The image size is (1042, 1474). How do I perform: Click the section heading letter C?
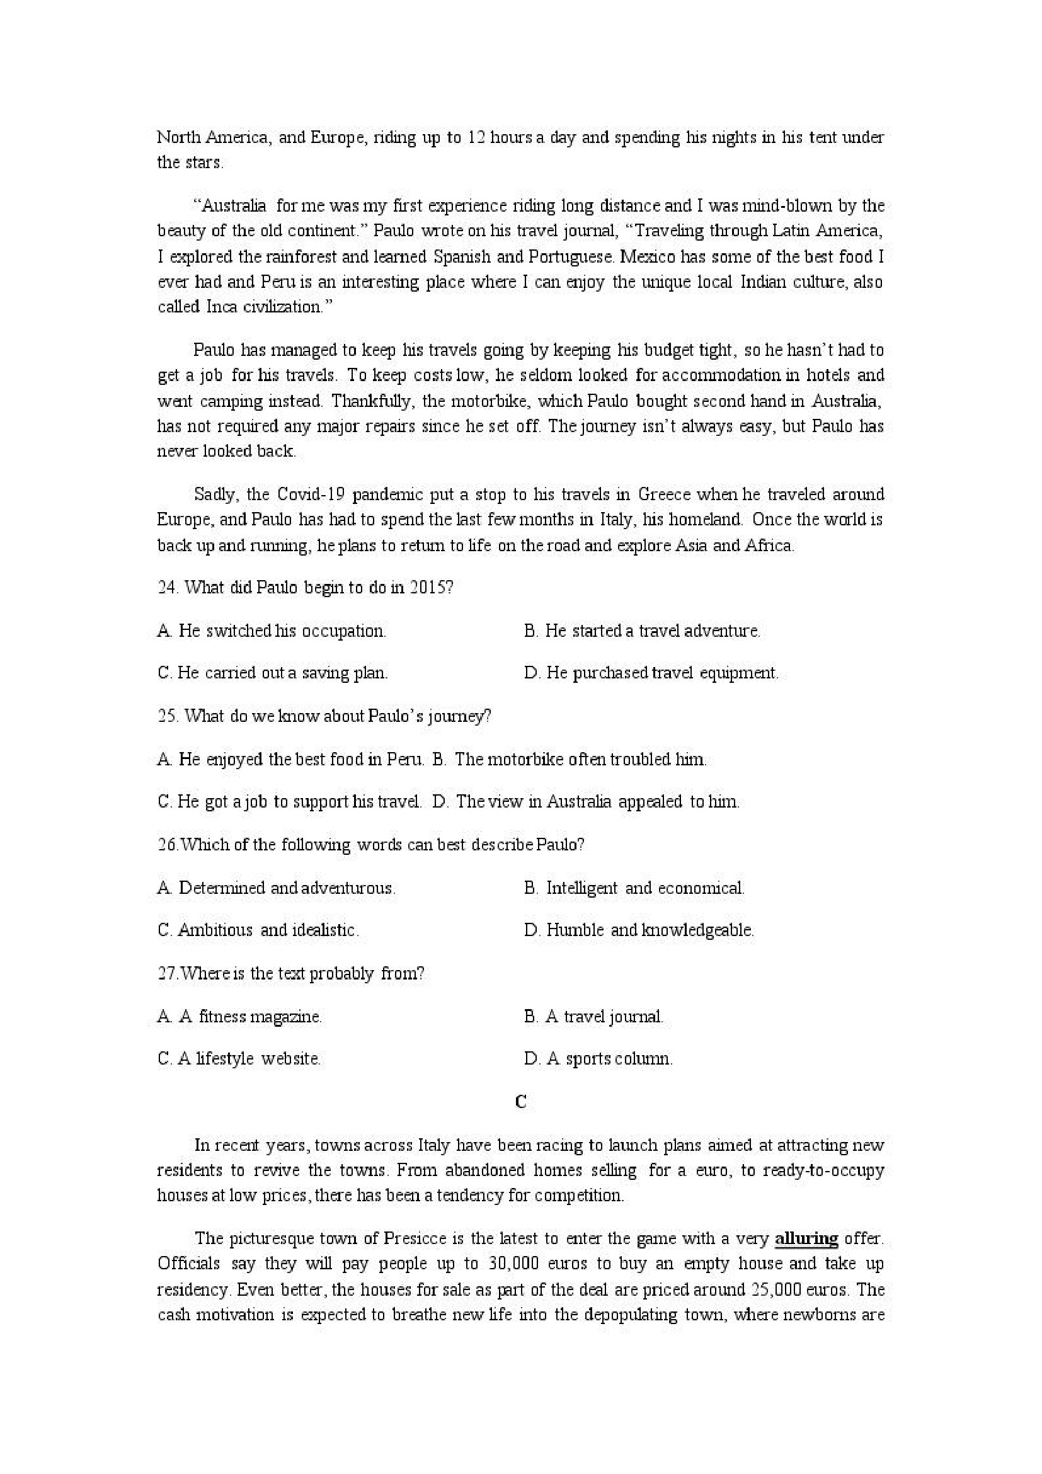(x=520, y=1102)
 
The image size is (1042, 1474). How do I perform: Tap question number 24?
(x=167, y=588)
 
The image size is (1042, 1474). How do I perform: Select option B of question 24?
(x=642, y=631)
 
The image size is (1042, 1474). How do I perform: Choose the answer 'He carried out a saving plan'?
(x=273, y=673)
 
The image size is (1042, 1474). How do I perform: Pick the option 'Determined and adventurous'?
(x=276, y=888)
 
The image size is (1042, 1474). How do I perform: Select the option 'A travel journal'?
(x=594, y=1016)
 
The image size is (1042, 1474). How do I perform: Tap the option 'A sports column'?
(x=598, y=1059)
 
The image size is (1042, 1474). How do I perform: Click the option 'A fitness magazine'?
(x=239, y=1016)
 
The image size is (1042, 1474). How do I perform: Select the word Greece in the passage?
(x=664, y=494)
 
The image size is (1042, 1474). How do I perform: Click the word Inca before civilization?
(x=222, y=307)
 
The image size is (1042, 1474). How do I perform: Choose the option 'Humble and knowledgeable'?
(x=639, y=930)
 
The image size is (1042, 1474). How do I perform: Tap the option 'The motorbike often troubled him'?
(x=570, y=760)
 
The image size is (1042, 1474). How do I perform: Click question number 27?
(x=167, y=973)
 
